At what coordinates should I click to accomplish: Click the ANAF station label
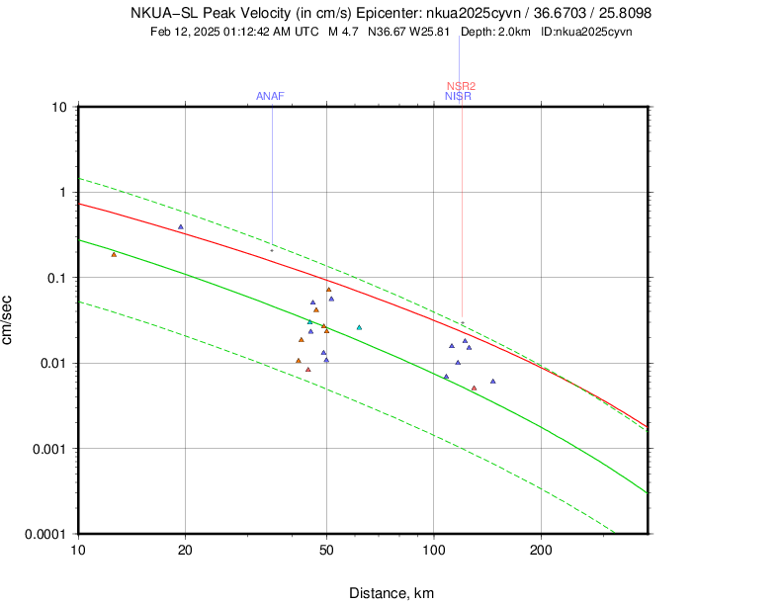pos(270,96)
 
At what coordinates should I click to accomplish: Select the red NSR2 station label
pos(461,86)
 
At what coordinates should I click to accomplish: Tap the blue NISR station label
pos(458,96)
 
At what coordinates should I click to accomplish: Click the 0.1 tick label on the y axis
pos(55,278)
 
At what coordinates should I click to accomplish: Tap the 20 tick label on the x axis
pos(185,549)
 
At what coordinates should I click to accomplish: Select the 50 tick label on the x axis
pos(326,549)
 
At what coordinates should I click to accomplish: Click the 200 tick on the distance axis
pos(541,549)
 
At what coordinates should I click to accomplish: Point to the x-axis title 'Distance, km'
pos(391,593)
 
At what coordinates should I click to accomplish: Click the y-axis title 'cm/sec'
pos(9,320)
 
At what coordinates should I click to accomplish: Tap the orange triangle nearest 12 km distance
pos(114,255)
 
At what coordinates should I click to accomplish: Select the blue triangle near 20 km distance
pos(181,227)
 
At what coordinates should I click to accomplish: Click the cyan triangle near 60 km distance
pos(359,327)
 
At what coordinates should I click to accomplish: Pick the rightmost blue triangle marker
pos(492,381)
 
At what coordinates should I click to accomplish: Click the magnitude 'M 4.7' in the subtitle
pos(343,32)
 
